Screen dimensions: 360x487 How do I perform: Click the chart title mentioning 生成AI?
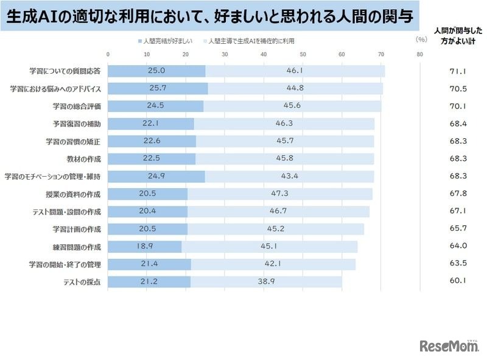coord(210,17)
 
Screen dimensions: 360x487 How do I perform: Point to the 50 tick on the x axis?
coord(303,54)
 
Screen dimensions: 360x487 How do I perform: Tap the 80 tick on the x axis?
coord(419,54)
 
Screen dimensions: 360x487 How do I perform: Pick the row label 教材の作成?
coord(89,159)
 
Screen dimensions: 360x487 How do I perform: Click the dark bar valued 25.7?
coord(158,89)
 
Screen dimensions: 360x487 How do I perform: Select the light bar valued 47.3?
coord(279,194)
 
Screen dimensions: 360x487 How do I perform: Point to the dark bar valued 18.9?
coord(145,247)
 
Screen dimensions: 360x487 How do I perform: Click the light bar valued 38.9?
coord(266,282)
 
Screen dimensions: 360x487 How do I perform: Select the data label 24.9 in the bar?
coord(156,177)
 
